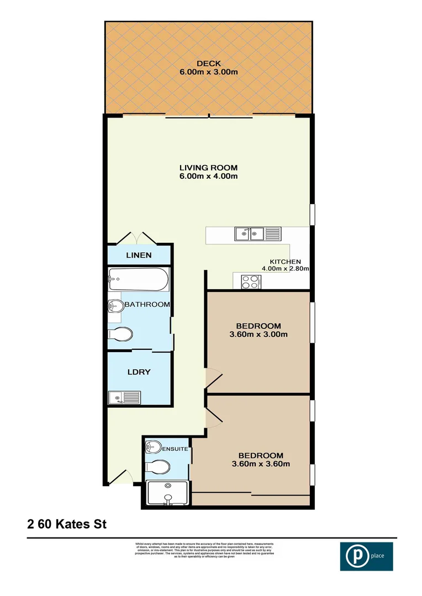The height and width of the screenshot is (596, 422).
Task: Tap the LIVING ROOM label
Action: point(208,167)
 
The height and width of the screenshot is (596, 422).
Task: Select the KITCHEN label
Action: point(285,262)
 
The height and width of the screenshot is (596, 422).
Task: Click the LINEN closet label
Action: point(139,255)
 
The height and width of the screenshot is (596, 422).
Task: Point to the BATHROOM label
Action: point(146,304)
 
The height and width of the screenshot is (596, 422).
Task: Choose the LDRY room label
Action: point(139,372)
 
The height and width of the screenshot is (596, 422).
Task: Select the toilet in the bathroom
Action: point(121,334)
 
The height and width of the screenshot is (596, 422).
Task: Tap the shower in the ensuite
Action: point(168,493)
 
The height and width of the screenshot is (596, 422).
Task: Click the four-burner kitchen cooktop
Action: point(250,281)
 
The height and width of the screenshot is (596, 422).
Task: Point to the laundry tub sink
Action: point(125,397)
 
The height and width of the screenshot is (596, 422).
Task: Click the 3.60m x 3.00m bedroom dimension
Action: point(259,334)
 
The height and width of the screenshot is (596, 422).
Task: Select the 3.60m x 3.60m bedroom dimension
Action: point(261,464)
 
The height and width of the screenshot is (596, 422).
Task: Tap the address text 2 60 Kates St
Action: point(67,523)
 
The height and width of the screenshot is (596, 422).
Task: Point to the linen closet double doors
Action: point(138,238)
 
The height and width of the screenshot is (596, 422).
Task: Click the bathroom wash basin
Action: point(115,306)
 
